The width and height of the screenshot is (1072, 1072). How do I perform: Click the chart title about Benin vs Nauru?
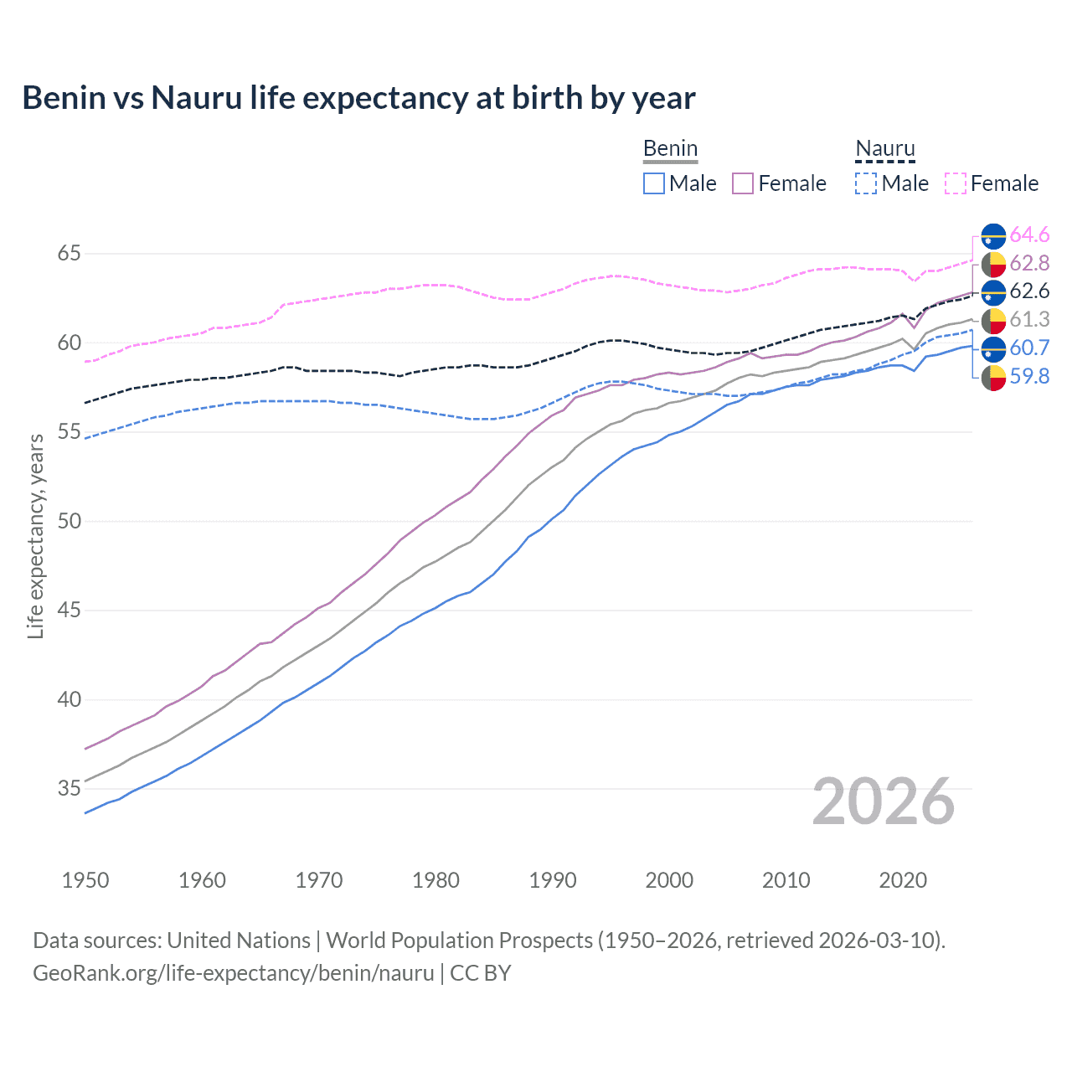coord(358,98)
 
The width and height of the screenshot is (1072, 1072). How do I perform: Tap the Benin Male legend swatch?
coord(654,183)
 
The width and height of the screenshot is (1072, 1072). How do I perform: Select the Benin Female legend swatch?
coord(743,183)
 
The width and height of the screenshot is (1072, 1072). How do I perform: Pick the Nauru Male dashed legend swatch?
coord(866,183)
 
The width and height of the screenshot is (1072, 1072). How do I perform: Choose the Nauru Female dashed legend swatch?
coord(956,183)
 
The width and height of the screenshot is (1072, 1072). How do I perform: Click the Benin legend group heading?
coord(670,149)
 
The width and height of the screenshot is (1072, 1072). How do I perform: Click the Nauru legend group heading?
coord(885,149)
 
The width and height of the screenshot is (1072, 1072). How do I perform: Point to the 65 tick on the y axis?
coord(69,253)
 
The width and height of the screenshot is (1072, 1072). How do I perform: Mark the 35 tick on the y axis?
coord(69,788)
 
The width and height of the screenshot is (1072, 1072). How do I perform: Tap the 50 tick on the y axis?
coord(69,521)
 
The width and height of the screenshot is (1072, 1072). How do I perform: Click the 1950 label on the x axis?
coord(85,880)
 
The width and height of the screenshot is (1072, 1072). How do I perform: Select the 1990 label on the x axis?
coord(553,880)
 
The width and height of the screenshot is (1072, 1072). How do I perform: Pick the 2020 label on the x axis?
coord(903,880)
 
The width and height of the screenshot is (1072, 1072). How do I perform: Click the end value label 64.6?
coord(1029,235)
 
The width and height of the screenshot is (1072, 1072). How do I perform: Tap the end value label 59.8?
coord(1029,377)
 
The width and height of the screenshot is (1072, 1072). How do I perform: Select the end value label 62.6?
coord(1029,291)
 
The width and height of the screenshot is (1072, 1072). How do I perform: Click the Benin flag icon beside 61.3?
coord(993,320)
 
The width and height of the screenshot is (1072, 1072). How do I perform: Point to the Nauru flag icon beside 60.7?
coord(993,348)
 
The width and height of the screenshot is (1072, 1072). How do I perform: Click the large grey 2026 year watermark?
coord(884,801)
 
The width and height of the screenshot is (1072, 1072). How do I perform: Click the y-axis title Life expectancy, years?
coord(35,536)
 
